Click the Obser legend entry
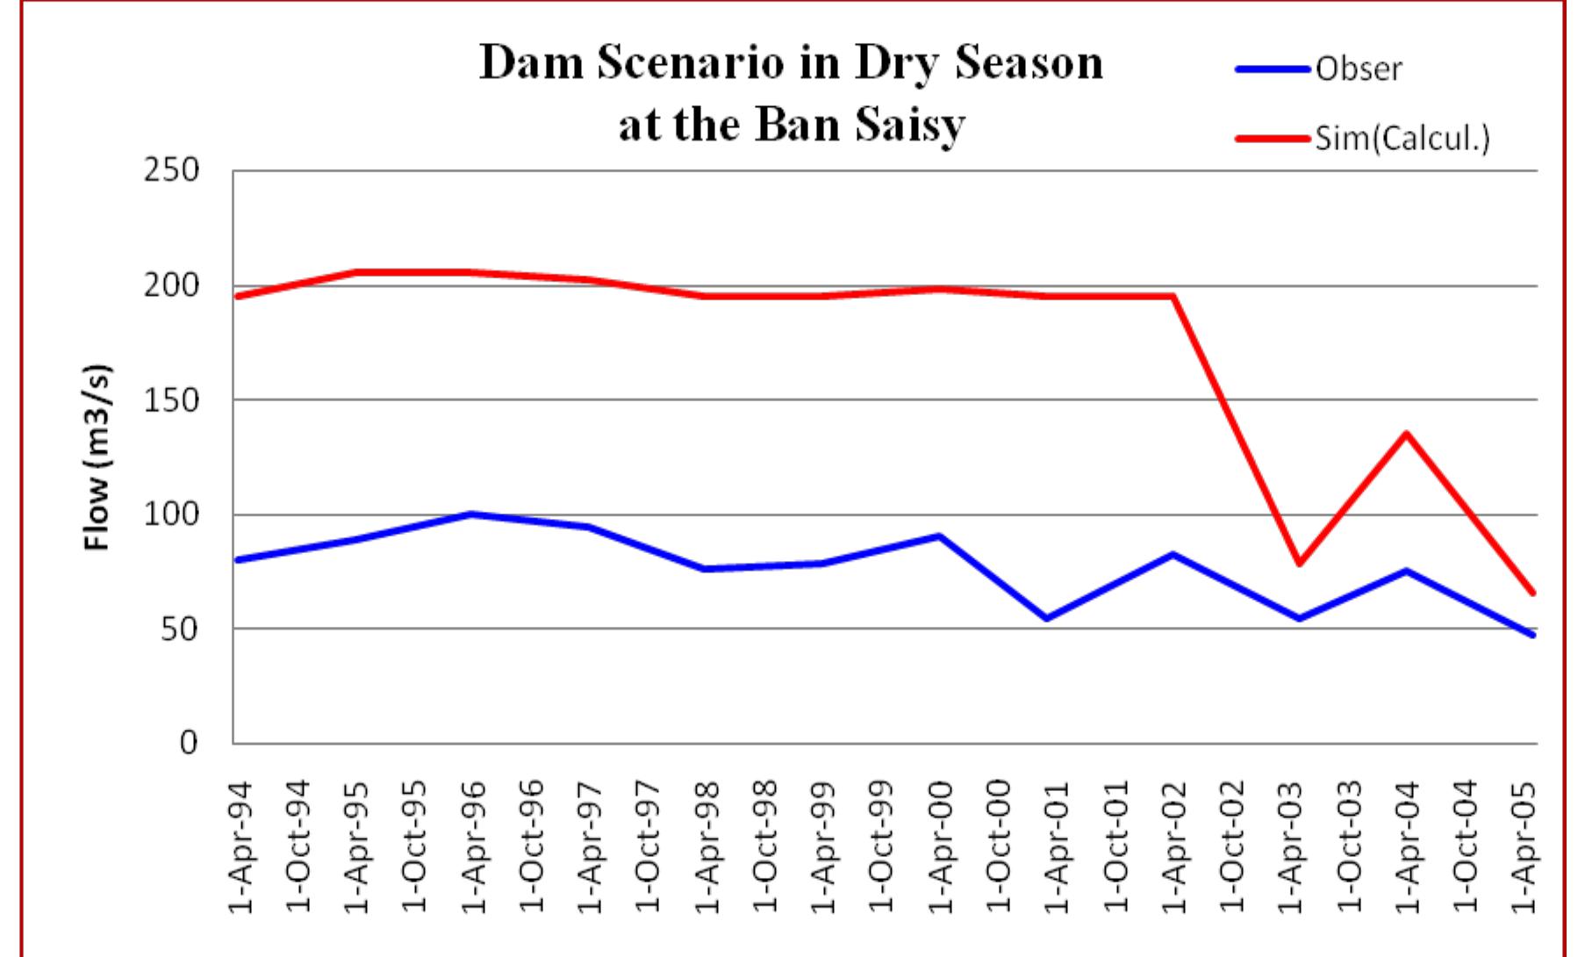(x=1358, y=68)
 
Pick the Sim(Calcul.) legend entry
(x=1402, y=139)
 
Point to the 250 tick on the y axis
(x=171, y=170)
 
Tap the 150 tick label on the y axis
(x=171, y=400)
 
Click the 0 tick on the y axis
(x=188, y=744)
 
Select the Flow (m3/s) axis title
(x=98, y=457)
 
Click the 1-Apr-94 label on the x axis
(x=240, y=846)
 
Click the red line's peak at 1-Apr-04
(x=1406, y=433)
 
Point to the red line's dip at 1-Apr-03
(x=1299, y=563)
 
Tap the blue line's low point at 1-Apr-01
(x=1046, y=619)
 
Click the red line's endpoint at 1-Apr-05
(x=1532, y=594)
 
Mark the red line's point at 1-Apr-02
(x=1173, y=296)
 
